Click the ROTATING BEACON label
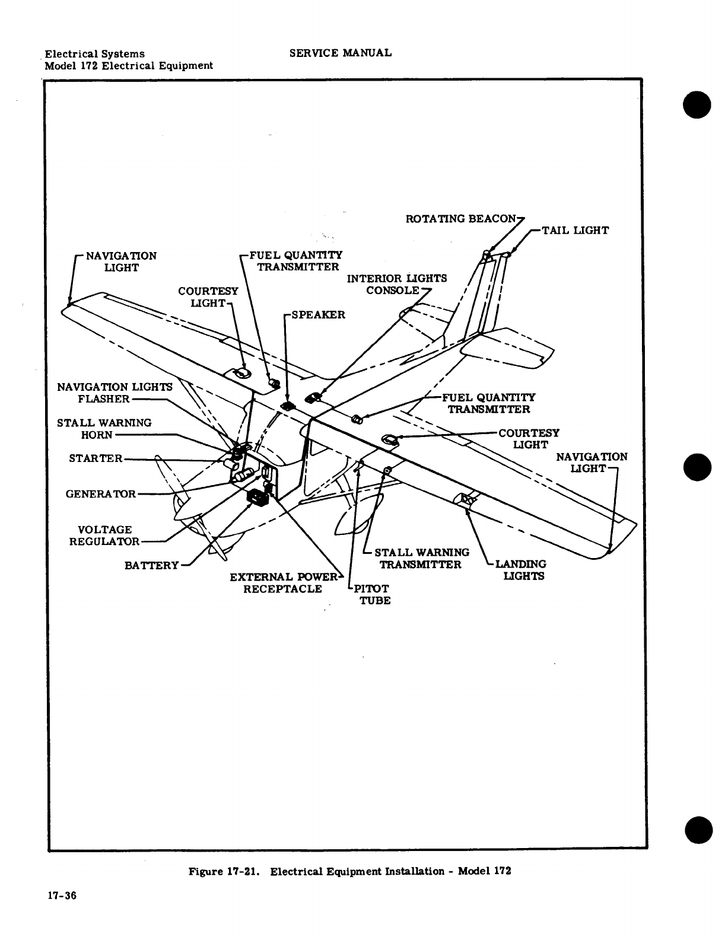(460, 219)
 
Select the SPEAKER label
(317, 314)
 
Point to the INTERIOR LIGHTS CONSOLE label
(396, 285)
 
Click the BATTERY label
(151, 565)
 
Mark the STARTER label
(96, 458)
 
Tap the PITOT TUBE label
(373, 594)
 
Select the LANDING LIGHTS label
(520, 570)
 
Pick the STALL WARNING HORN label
(104, 429)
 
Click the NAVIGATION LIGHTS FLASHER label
(114, 393)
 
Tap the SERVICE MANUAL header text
(340, 53)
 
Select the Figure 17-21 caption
(349, 871)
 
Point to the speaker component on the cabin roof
(288, 406)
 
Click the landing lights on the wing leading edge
(466, 501)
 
